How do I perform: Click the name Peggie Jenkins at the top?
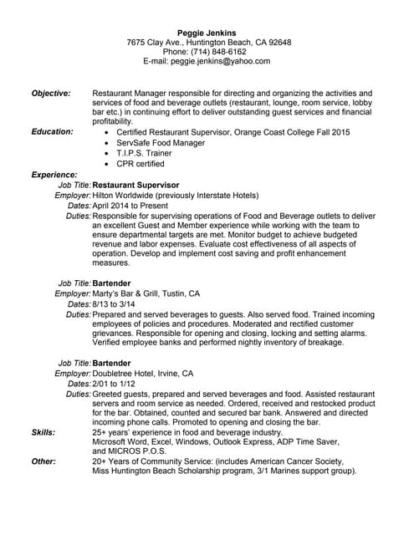pyautogui.click(x=207, y=33)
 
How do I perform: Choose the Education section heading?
pyautogui.click(x=52, y=131)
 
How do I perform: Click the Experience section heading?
pyautogui.click(x=54, y=175)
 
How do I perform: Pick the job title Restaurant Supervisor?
pyautogui.click(x=135, y=184)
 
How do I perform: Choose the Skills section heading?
pyautogui.click(x=43, y=432)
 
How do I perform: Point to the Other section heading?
pyautogui.click(x=43, y=461)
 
